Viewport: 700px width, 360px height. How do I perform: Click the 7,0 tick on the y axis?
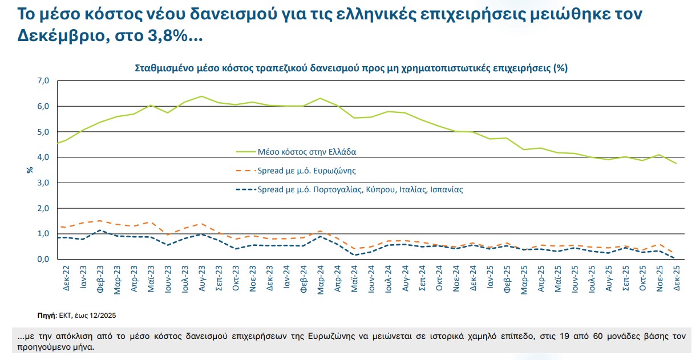[44, 81]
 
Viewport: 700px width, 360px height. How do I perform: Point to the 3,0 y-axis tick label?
[44, 183]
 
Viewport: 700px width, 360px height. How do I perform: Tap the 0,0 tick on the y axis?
[44, 259]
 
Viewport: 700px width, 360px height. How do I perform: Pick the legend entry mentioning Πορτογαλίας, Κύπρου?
[360, 189]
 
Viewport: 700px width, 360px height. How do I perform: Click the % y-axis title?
[30, 169]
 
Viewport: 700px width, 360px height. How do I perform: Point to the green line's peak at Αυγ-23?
[201, 96]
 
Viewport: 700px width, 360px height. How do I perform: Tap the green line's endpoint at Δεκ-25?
[677, 163]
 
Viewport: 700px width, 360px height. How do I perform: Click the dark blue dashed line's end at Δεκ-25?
[677, 258]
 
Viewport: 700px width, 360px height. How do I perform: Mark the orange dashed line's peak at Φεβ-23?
[100, 221]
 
